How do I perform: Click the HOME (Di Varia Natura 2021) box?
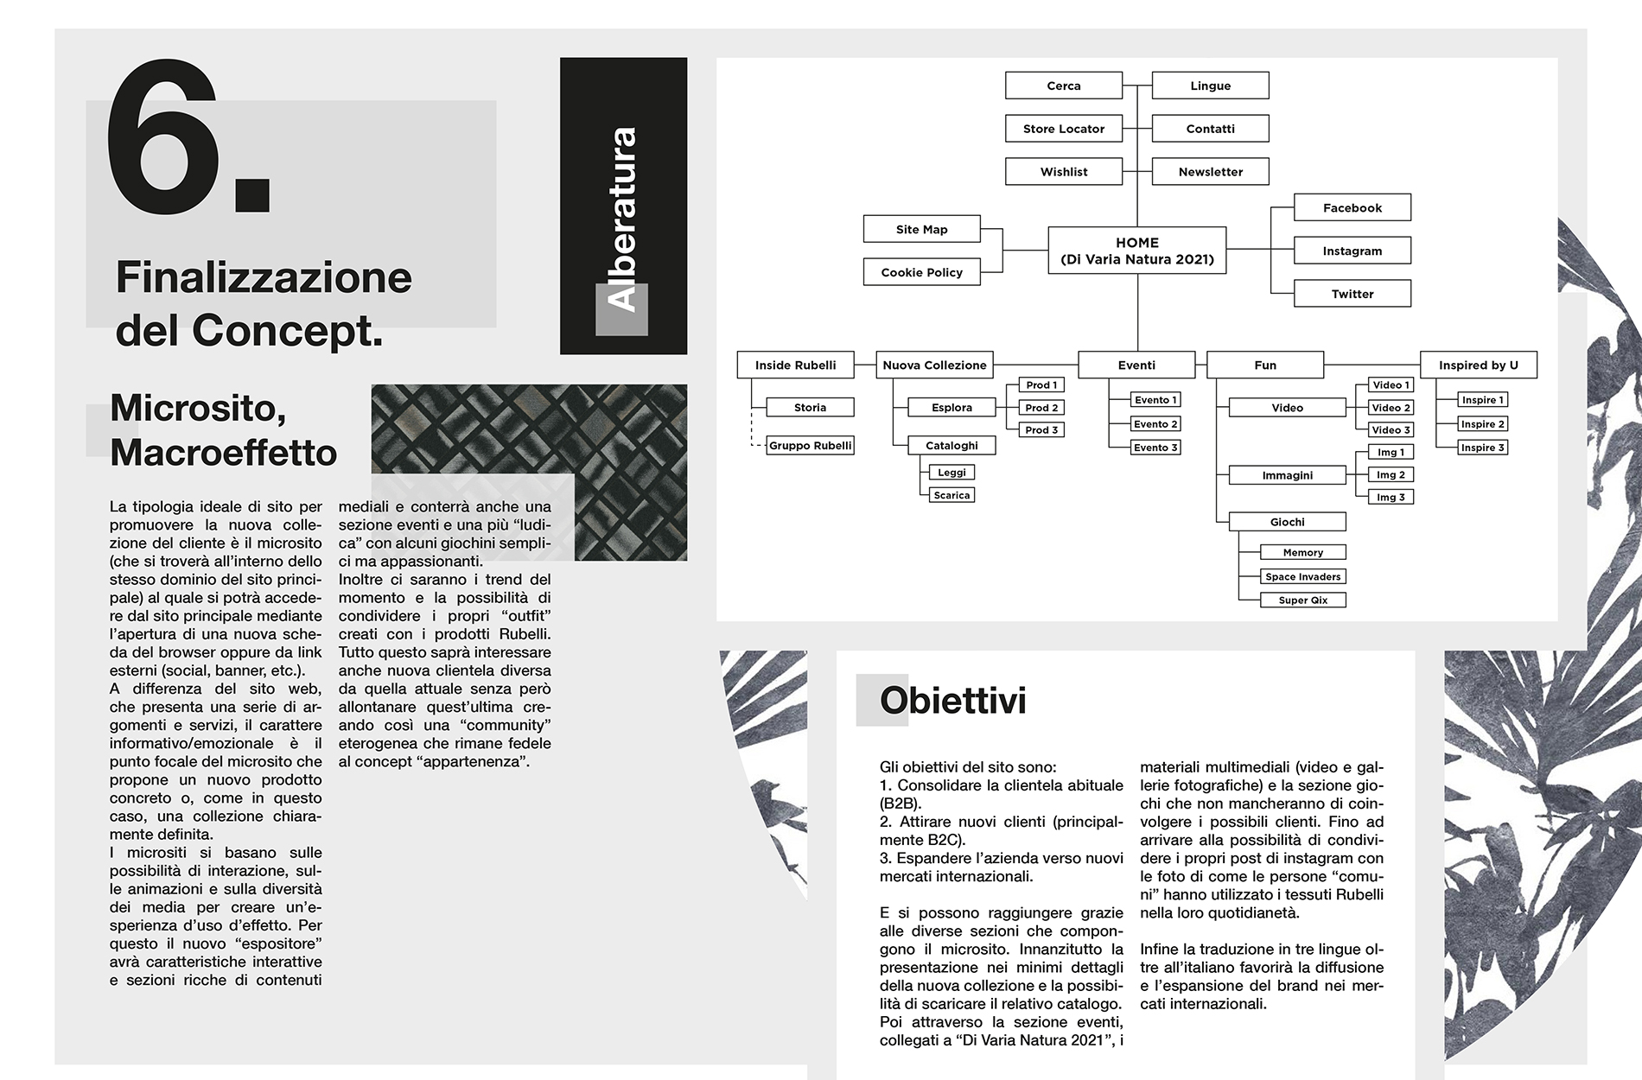tap(1136, 251)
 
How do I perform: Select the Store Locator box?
tap(1063, 129)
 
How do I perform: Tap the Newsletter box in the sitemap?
tap(1210, 172)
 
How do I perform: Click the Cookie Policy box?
tap(921, 272)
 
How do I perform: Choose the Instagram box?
tap(1352, 251)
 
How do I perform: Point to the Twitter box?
tap(1352, 294)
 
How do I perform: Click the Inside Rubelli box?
tap(795, 365)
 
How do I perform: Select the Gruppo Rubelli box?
tap(810, 446)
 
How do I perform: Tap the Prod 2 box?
tap(1041, 408)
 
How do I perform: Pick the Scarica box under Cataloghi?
tap(951, 495)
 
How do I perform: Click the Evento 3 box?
tap(1155, 448)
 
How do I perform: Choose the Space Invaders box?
tap(1302, 576)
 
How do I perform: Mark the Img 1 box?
tap(1391, 453)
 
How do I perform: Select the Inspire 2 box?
tap(1483, 424)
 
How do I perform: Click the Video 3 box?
tap(1391, 430)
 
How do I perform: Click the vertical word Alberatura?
tap(622, 219)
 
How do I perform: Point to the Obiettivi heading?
tap(952, 701)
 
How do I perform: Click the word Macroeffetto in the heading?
tap(223, 453)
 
